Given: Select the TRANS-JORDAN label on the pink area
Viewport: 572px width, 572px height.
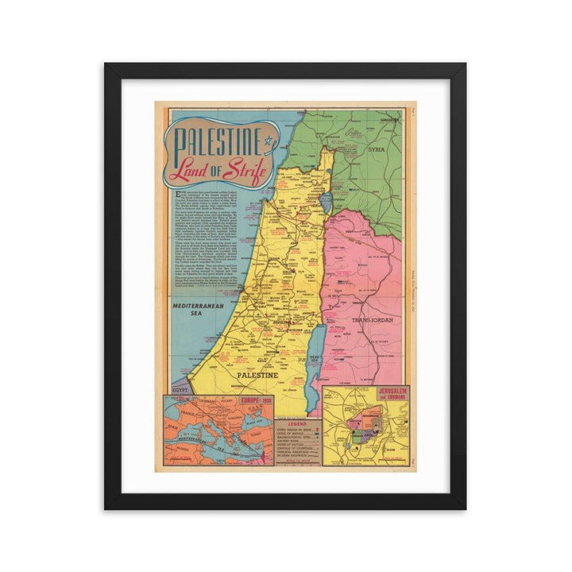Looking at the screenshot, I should tap(365, 321).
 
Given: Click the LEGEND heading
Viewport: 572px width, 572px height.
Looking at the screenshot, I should tap(298, 424).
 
